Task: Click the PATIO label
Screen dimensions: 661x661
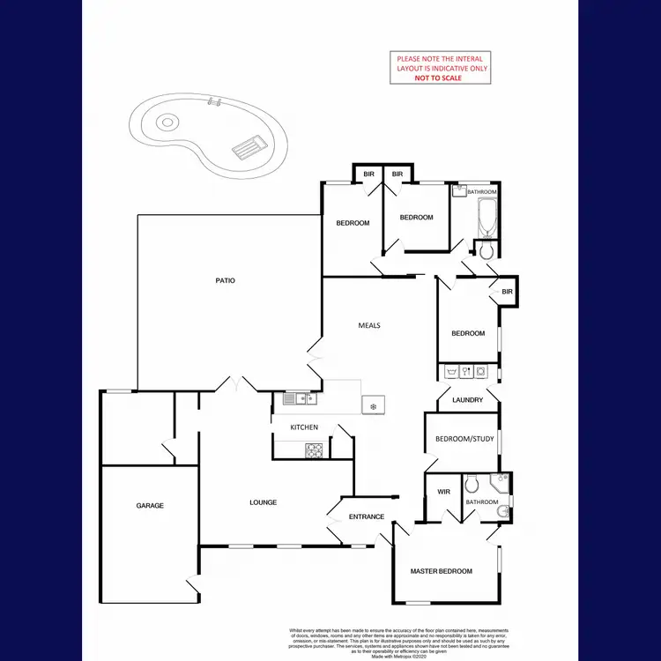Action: click(x=225, y=281)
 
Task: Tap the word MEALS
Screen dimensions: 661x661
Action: click(x=368, y=325)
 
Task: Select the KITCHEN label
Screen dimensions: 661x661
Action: click(x=304, y=427)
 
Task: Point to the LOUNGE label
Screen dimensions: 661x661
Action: click(x=263, y=502)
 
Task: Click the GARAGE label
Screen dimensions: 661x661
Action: click(x=150, y=506)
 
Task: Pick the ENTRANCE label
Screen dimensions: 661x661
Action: click(x=367, y=516)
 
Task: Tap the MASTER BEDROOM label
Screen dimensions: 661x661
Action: click(x=442, y=571)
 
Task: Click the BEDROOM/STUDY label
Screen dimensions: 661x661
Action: click(x=465, y=439)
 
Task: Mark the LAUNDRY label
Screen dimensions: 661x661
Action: click(x=466, y=400)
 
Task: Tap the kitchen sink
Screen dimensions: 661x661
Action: click(x=300, y=399)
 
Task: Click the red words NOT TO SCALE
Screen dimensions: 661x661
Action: click(x=438, y=78)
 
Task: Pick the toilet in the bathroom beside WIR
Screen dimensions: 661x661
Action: click(x=472, y=483)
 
